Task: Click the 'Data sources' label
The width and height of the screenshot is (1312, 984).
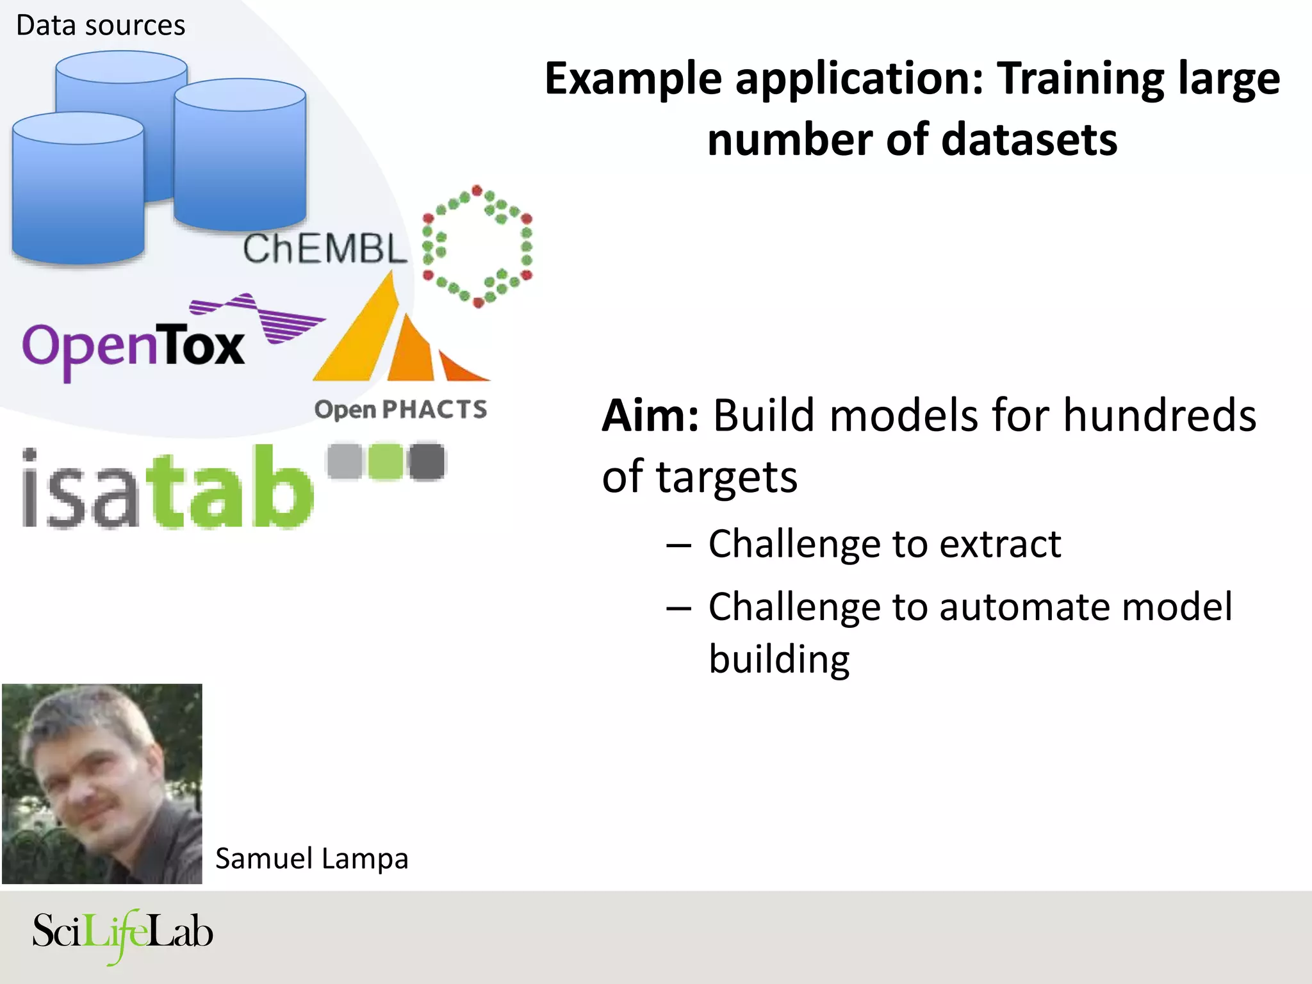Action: [101, 26]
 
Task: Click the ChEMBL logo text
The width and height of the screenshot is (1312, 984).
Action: [325, 249]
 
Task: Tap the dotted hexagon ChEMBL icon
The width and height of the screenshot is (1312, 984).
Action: [477, 246]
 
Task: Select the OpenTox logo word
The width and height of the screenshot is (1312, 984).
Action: [133, 347]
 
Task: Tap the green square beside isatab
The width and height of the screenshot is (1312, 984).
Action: [386, 461]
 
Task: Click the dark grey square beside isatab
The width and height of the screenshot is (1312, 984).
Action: [427, 461]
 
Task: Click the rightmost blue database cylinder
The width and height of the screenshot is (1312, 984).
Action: [240, 157]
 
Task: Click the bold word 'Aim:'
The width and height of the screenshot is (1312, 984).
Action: [650, 416]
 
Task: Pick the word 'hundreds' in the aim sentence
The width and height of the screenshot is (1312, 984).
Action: [1160, 416]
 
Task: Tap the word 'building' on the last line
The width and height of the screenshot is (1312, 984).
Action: [779, 660]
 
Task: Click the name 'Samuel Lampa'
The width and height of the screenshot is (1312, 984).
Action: [311, 859]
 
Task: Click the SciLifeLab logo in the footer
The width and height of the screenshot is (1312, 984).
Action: [122, 933]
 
